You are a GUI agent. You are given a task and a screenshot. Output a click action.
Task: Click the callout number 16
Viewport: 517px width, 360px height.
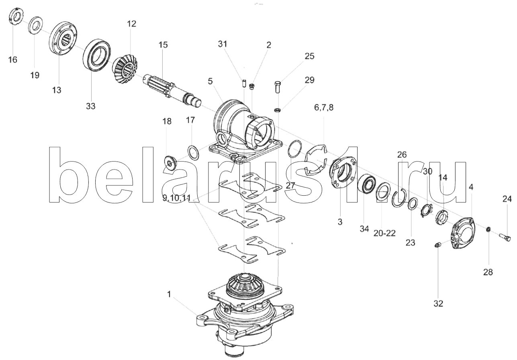pos(13,60)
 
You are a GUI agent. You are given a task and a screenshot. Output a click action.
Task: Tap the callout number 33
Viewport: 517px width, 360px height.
pos(91,106)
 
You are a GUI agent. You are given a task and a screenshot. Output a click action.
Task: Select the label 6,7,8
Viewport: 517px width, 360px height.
pos(324,108)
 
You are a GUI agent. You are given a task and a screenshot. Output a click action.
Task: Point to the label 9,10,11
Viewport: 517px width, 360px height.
pos(177,198)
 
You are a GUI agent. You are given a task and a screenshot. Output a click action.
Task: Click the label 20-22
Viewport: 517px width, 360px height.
pos(384,233)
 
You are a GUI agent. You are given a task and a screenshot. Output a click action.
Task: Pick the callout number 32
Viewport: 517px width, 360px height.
pos(438,303)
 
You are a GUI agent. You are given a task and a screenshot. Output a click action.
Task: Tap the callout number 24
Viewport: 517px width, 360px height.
pos(507,199)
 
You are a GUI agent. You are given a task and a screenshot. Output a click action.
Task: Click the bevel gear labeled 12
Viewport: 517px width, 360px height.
pos(125,68)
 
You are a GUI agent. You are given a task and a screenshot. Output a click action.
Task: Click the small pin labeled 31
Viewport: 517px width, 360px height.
pos(244,83)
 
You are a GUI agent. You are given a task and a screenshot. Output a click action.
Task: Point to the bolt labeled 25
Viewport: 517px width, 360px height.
pos(278,87)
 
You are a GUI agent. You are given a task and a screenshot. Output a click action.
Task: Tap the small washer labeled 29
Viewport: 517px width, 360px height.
pos(278,110)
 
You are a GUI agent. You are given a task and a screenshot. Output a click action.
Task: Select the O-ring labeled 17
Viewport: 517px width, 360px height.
pos(193,153)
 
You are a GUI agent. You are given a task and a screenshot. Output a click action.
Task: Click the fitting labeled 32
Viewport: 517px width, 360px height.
pos(437,245)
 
